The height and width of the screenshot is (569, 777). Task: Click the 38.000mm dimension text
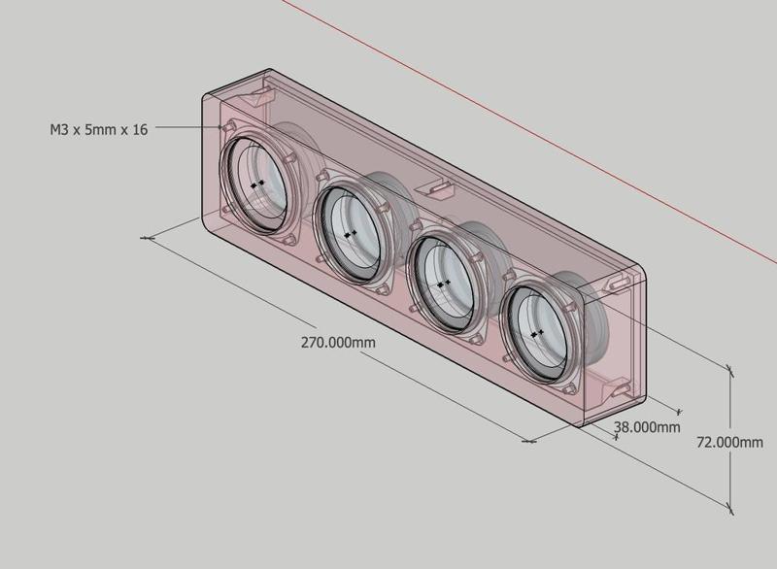(x=647, y=426)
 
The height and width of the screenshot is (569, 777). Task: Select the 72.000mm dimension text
(x=729, y=442)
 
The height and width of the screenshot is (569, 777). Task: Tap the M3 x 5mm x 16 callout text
(x=98, y=128)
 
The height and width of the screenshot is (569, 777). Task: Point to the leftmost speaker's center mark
(x=257, y=183)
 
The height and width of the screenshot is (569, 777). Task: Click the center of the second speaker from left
(x=350, y=234)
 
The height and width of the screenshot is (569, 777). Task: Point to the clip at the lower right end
(x=619, y=389)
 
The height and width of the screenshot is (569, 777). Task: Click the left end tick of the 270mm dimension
(x=149, y=237)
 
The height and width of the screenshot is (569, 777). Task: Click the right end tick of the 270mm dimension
(x=529, y=441)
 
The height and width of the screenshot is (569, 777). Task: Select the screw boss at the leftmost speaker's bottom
(x=288, y=239)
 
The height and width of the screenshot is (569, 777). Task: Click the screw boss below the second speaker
(x=382, y=288)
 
